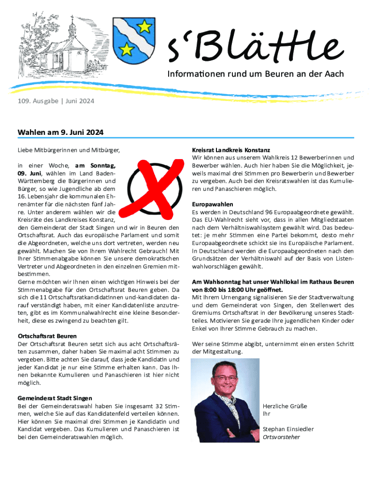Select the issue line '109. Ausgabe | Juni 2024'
56,102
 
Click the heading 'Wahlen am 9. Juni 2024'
60,132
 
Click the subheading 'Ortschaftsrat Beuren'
47,336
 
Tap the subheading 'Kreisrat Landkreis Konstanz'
231,150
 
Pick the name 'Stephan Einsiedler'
288,429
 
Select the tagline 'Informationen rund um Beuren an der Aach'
256,74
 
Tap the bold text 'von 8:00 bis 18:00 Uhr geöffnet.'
237,290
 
